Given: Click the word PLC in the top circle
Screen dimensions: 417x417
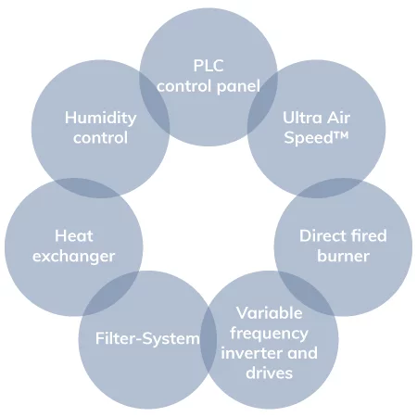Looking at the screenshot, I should click(x=208, y=67).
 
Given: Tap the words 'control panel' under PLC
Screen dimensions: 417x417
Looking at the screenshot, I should click(x=208, y=86).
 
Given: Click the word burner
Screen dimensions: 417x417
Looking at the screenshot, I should click(x=343, y=256).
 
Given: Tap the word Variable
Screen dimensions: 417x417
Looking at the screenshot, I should click(x=269, y=312).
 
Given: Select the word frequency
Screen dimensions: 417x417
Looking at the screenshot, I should click(x=269, y=333).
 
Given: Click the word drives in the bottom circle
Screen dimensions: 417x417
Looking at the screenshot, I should click(x=269, y=373).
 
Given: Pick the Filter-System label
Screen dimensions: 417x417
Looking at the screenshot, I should click(x=147, y=338).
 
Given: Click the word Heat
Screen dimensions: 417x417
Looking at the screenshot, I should click(x=74, y=235).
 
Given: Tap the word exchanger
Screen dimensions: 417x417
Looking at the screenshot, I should click(x=74, y=256).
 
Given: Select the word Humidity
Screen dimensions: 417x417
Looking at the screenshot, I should click(x=100, y=118).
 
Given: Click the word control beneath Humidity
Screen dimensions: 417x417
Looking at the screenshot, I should click(x=100, y=138).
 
